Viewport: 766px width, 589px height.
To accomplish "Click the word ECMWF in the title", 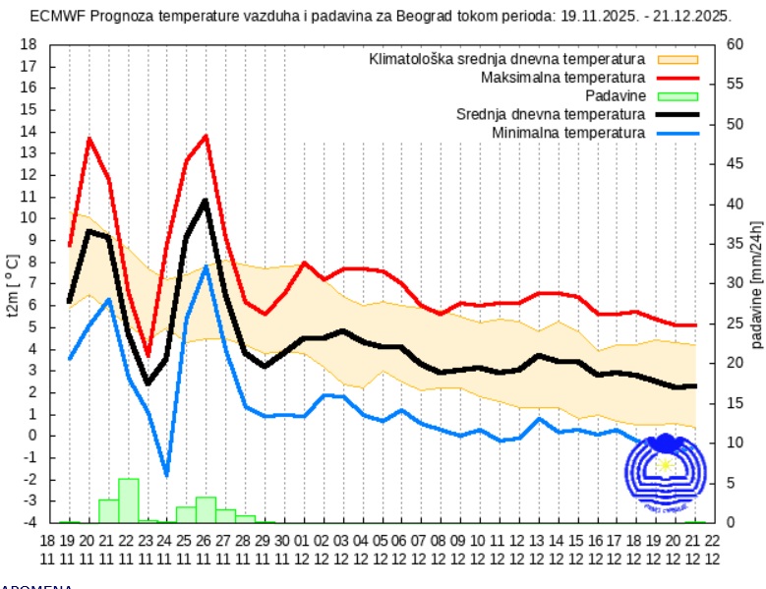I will [54, 16].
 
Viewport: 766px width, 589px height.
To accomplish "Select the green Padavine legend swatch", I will [678, 95].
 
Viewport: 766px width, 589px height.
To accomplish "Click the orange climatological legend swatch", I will [678, 59].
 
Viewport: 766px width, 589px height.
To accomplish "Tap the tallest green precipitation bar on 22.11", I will [128, 501].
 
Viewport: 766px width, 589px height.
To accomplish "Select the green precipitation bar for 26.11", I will [206, 509].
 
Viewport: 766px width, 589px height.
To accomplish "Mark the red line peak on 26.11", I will [206, 136].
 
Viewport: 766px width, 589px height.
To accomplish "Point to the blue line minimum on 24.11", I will [166, 475].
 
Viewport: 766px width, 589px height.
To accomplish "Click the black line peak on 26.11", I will [206, 201].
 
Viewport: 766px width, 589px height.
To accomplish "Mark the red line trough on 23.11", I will [147, 354].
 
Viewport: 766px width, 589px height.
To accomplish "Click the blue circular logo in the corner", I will [666, 474].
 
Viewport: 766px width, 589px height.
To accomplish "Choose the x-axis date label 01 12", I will [303, 549].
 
